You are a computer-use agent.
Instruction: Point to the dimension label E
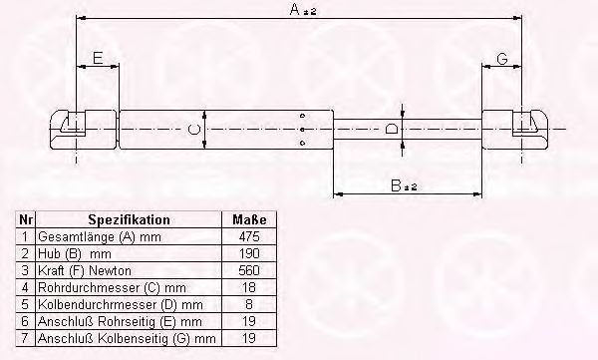click(x=98, y=58)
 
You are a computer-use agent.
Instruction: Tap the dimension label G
click(x=502, y=59)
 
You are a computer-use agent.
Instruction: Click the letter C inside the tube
click(x=193, y=129)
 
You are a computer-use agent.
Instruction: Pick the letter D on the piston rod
click(x=392, y=129)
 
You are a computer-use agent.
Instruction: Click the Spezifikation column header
click(x=129, y=220)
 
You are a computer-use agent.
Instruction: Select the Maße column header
click(x=249, y=220)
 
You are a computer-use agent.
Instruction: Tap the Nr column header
click(x=26, y=220)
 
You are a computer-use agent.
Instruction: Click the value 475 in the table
click(x=249, y=236)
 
